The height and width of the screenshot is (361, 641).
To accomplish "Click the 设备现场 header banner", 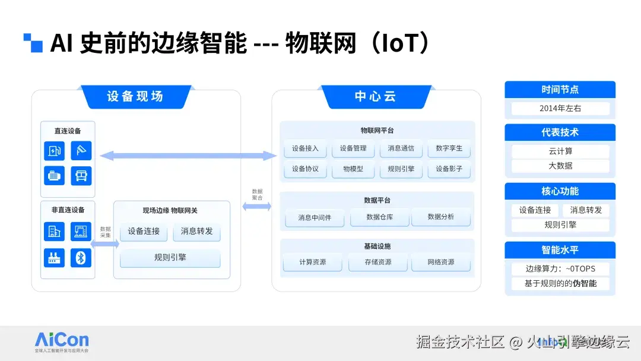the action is (x=135, y=97).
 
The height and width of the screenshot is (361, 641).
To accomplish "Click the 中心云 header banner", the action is (x=375, y=97).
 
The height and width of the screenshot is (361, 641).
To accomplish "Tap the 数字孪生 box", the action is (x=449, y=148).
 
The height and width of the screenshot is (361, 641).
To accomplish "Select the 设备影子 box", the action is (x=449, y=169).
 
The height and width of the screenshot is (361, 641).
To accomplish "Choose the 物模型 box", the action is (x=353, y=169).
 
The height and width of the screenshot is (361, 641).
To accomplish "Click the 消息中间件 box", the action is (x=315, y=217).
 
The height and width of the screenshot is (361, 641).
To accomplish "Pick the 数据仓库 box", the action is (x=379, y=217).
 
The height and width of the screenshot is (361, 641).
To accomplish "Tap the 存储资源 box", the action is (x=377, y=262).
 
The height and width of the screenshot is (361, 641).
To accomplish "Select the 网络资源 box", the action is (x=441, y=262).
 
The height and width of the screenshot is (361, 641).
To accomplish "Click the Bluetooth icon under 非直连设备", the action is (x=81, y=258).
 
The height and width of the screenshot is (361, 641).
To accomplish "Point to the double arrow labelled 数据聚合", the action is (x=256, y=206).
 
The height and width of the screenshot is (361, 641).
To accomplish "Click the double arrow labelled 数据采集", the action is (x=105, y=243).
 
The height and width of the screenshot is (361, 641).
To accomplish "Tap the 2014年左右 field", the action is (x=560, y=109).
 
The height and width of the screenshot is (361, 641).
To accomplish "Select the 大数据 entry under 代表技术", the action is (x=560, y=166).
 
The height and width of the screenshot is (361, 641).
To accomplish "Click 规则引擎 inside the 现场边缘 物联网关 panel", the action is (x=170, y=258).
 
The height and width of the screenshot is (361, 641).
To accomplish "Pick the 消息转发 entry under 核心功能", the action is (x=586, y=210).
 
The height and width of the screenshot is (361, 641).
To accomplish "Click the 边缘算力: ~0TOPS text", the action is (x=560, y=268).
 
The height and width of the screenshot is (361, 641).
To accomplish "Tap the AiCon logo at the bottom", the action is (x=62, y=341).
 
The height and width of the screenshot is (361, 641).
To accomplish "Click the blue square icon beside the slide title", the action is (x=33, y=43).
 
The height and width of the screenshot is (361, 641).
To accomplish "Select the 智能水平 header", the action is (x=560, y=250).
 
